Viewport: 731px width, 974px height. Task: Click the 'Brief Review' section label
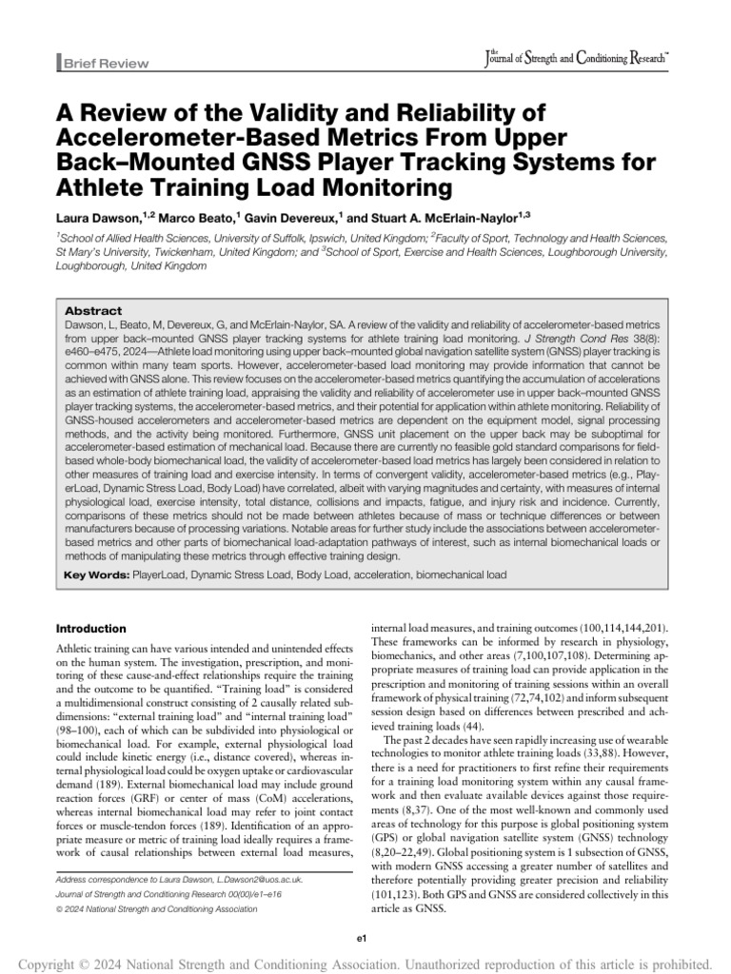[106, 64]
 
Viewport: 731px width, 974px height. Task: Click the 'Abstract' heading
[93, 311]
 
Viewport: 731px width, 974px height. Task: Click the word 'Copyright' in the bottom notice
[48, 954]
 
